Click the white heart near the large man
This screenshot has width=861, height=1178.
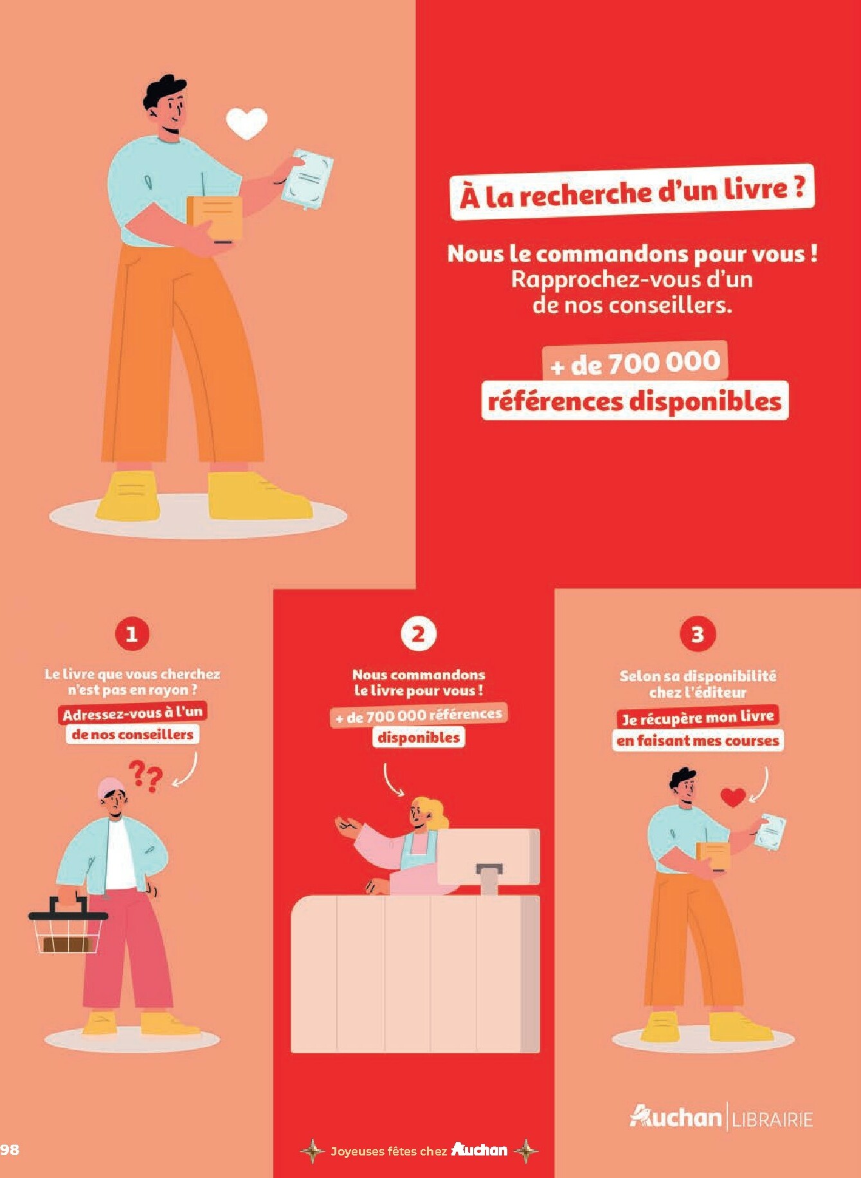[247, 123]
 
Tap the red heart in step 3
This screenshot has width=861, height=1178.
[733, 797]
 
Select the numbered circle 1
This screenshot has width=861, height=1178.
[132, 634]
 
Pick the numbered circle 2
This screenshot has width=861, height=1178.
[419, 634]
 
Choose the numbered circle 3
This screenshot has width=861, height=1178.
[698, 634]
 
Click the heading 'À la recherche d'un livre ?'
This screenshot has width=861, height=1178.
[632, 193]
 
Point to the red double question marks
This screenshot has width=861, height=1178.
[145, 776]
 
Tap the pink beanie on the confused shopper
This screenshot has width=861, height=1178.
[111, 787]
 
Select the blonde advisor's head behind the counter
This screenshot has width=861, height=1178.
[428, 813]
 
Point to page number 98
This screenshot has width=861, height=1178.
[10, 1150]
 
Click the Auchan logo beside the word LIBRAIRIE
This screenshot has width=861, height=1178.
[676, 1117]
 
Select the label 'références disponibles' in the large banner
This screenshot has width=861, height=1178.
[635, 401]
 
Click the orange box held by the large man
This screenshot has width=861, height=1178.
[215, 219]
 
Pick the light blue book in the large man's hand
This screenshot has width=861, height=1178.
[307, 179]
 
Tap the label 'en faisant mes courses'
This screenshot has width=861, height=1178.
[698, 740]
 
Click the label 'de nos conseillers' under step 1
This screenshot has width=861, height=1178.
[132, 734]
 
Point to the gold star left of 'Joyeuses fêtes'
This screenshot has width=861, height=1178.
[313, 1150]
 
